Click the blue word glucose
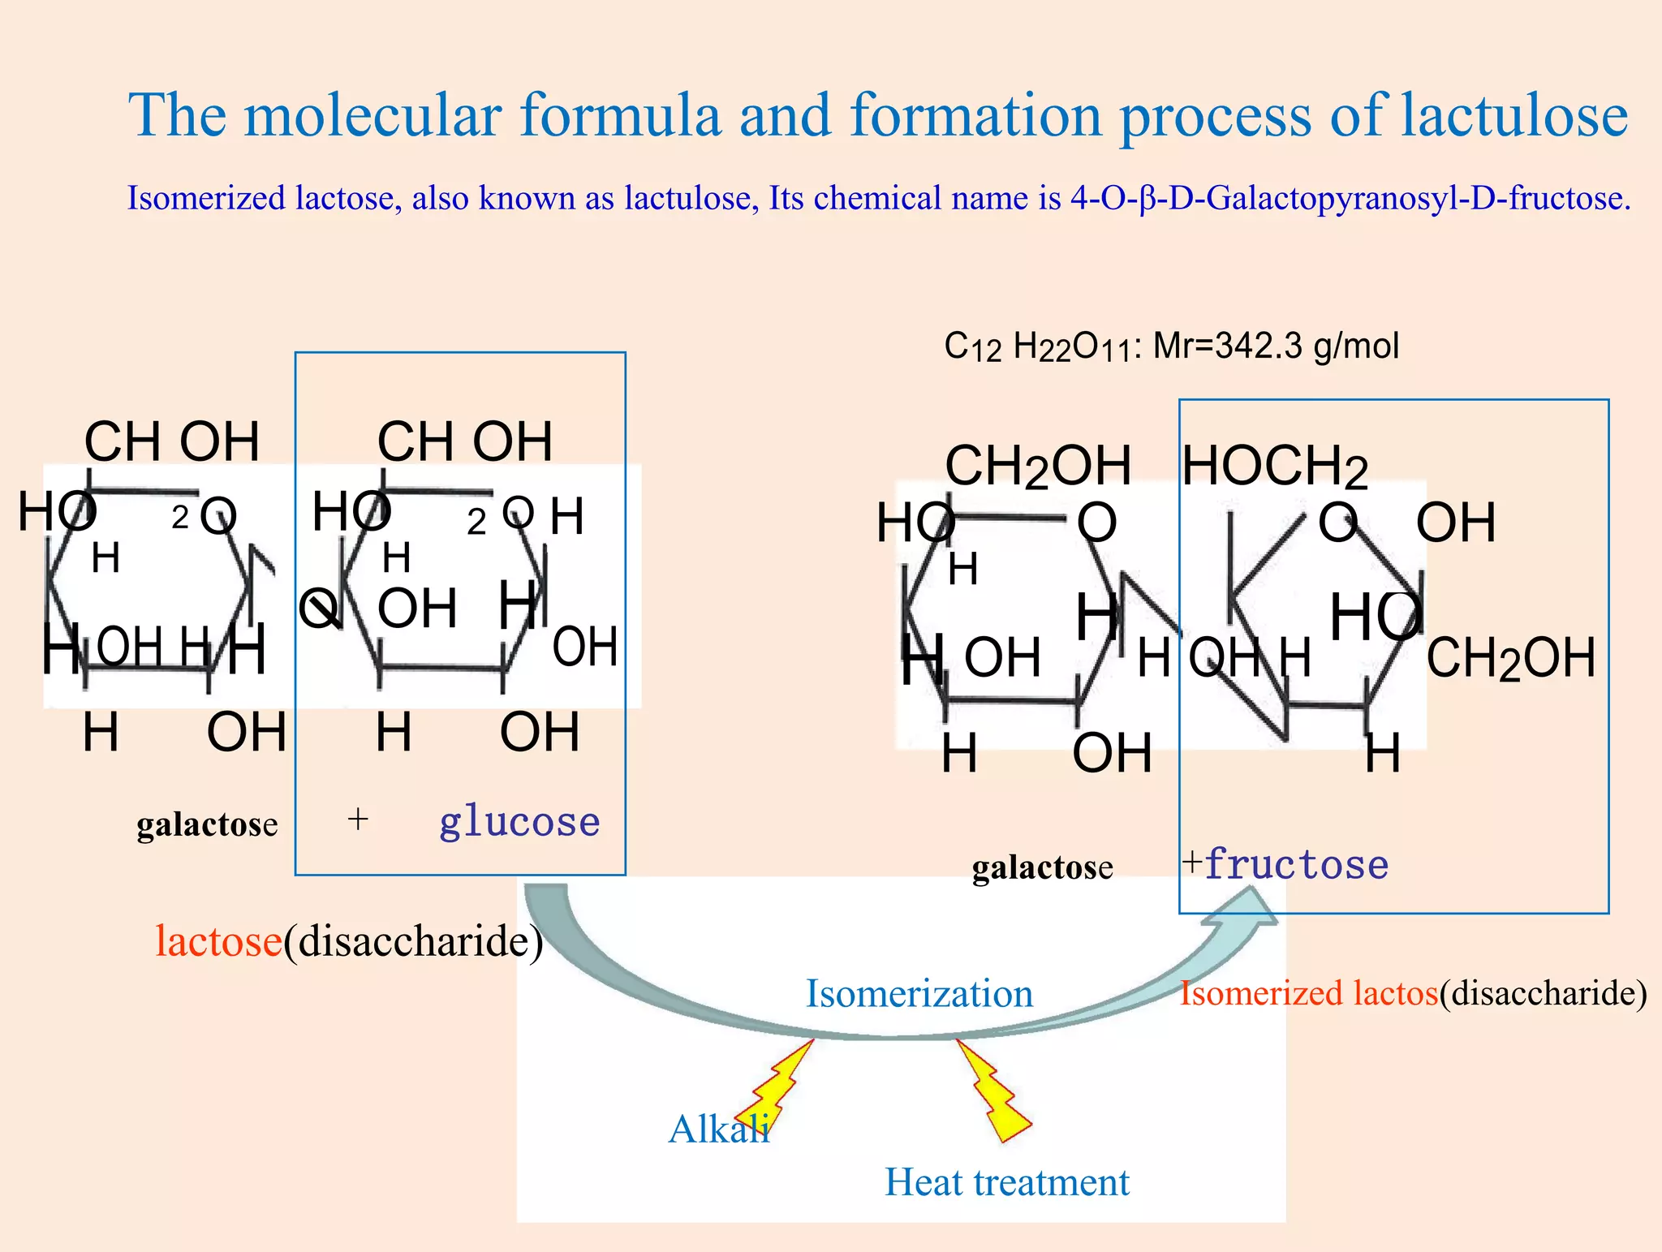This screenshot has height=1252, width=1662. (x=519, y=823)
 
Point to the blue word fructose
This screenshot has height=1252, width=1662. (x=1296, y=865)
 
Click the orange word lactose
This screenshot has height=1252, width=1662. (x=218, y=941)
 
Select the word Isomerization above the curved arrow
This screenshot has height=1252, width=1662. (x=919, y=994)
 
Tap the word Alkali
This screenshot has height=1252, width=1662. (x=718, y=1129)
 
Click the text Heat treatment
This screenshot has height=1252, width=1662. (x=1006, y=1182)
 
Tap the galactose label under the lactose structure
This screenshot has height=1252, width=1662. (x=207, y=825)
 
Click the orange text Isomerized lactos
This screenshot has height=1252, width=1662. (x=1308, y=994)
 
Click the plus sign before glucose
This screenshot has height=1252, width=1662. (x=358, y=820)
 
